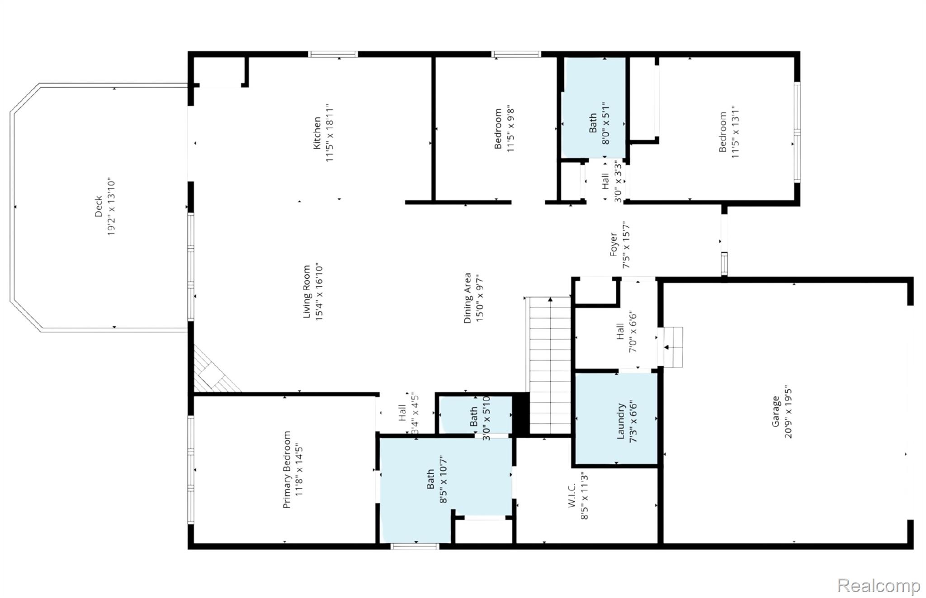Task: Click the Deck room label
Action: (x=99, y=206)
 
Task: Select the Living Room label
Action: (x=307, y=292)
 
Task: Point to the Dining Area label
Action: (x=468, y=298)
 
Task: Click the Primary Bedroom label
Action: (x=287, y=470)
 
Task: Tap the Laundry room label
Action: (x=620, y=421)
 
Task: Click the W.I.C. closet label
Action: (x=572, y=495)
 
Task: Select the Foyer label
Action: (x=614, y=245)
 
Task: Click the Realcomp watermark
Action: (x=879, y=586)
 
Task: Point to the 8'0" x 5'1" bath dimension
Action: (x=606, y=123)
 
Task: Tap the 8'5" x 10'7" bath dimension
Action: (x=444, y=480)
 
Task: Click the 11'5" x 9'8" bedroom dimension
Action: (x=510, y=129)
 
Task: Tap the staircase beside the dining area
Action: (x=549, y=366)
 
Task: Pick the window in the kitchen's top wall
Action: (x=333, y=54)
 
